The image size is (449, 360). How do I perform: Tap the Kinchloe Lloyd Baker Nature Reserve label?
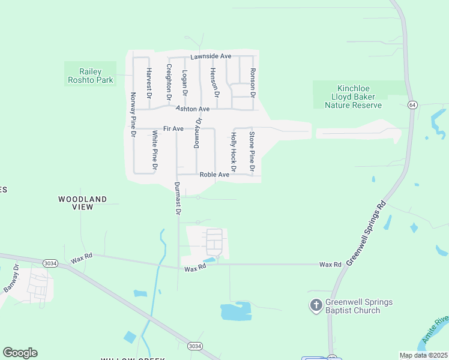[353, 97]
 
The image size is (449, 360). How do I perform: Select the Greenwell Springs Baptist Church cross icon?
[316, 306]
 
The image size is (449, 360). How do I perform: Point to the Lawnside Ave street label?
[211, 56]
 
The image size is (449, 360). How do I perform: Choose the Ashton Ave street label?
[193, 109]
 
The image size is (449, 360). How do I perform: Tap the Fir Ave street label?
[173, 129]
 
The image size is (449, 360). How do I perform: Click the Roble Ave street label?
[214, 175]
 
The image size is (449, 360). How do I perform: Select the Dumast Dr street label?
[178, 199]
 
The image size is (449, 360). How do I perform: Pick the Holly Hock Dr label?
[233, 151]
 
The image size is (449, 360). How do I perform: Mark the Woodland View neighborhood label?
[83, 203]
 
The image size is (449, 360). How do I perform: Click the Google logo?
[20, 353]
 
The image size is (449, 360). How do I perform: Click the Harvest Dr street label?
[149, 83]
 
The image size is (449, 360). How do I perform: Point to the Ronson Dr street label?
[253, 83]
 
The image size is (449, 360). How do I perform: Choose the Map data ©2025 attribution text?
[423, 355]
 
